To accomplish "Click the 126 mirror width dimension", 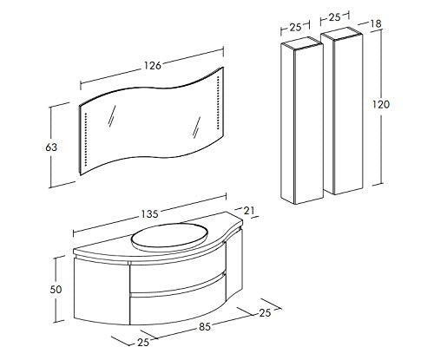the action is click(153, 66).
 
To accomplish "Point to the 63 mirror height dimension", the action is click(51, 147).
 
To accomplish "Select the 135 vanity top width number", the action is click(149, 214).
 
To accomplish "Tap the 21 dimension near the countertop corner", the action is click(249, 211).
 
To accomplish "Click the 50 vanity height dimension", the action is click(56, 289).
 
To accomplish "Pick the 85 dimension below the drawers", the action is click(205, 327).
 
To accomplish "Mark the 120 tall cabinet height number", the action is click(381, 104).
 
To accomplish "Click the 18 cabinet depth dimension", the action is click(376, 23).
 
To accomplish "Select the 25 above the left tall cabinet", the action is click(295, 28).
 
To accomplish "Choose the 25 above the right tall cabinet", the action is click(335, 17).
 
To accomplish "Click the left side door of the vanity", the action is click(102, 291).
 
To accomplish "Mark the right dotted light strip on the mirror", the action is click(217, 102).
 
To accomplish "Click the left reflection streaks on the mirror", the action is click(112, 115).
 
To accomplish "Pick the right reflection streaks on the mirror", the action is click(196, 128).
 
